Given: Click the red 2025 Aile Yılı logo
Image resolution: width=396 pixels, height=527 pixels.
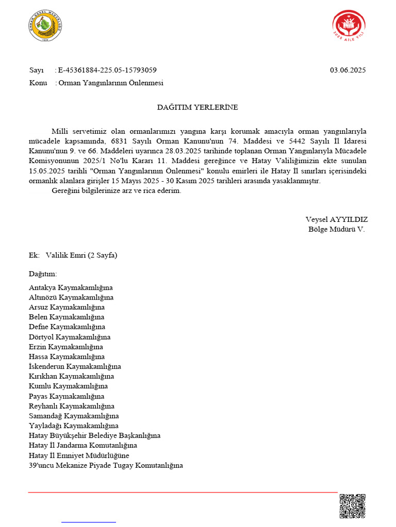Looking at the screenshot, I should pyautogui.click(x=349, y=27).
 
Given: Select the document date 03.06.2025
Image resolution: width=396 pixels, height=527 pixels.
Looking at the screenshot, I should pyautogui.click(x=348, y=71).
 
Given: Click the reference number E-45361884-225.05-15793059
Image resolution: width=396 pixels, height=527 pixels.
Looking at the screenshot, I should pyautogui.click(x=107, y=71).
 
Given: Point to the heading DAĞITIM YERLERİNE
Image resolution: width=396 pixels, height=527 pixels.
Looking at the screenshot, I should pyautogui.click(x=197, y=108).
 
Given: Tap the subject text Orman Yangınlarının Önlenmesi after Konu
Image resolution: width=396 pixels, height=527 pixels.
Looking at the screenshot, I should pyautogui.click(x=111, y=83).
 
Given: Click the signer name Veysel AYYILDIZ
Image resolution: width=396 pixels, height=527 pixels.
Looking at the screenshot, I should pyautogui.click(x=336, y=219).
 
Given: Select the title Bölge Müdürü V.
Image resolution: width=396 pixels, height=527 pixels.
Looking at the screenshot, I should pyautogui.click(x=336, y=229).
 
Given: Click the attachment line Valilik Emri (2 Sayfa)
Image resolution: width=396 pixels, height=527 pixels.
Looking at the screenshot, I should pyautogui.click(x=81, y=255).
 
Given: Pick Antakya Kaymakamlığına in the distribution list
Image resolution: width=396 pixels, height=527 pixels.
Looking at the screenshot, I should pyautogui.click(x=71, y=288).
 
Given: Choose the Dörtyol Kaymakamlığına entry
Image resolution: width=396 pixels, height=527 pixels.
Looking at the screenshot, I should pyautogui.click(x=70, y=337).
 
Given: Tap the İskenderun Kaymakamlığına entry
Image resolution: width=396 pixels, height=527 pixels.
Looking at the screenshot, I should pyautogui.click(x=75, y=366).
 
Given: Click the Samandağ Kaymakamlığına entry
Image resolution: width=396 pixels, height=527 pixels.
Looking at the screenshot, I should pyautogui.click(x=74, y=416).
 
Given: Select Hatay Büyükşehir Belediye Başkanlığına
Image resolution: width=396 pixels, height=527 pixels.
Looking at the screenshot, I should pyautogui.click(x=94, y=435).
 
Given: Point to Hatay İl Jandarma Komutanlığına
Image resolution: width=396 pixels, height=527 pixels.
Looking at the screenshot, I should pyautogui.click(x=83, y=445).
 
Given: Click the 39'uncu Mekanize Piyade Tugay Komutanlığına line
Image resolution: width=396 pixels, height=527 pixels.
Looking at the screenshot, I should pyautogui.click(x=106, y=465).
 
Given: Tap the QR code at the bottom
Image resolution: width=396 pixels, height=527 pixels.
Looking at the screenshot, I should pyautogui.click(x=352, y=506).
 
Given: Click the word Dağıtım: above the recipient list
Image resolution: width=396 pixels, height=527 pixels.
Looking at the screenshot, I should pyautogui.click(x=43, y=274).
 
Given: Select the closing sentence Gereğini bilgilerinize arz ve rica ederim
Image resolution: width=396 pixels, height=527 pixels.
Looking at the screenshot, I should pyautogui.click(x=117, y=191).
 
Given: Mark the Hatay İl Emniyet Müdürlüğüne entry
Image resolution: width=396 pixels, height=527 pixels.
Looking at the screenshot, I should pyautogui.click(x=79, y=455).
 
